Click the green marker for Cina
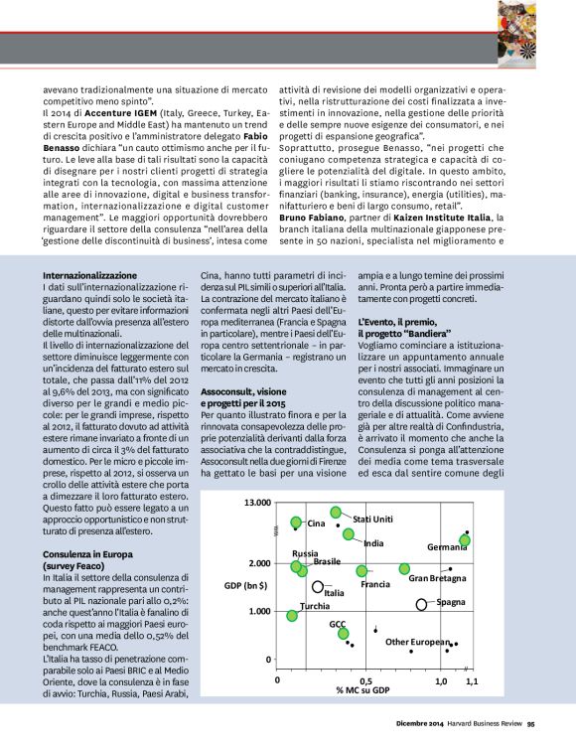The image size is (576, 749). pyautogui.click(x=296, y=523)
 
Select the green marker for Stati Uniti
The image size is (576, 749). pyautogui.click(x=337, y=513)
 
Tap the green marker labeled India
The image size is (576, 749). pyautogui.click(x=349, y=534)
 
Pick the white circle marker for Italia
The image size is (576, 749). pyautogui.click(x=319, y=586)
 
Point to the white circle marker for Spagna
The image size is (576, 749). pyautogui.click(x=421, y=604)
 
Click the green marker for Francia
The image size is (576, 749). pyautogui.click(x=361, y=571)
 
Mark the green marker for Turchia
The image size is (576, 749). pyautogui.click(x=292, y=616)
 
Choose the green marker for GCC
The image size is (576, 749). pyautogui.click(x=344, y=634)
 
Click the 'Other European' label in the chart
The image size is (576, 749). pyautogui.click(x=418, y=642)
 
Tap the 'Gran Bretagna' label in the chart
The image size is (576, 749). pyautogui.click(x=437, y=578)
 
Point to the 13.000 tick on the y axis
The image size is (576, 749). pyautogui.click(x=257, y=504)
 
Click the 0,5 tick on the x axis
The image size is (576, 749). pyautogui.click(x=365, y=681)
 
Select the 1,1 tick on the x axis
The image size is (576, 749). pyautogui.click(x=471, y=681)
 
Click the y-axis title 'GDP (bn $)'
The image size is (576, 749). pyautogui.click(x=245, y=585)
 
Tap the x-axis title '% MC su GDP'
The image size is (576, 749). pyautogui.click(x=362, y=690)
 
